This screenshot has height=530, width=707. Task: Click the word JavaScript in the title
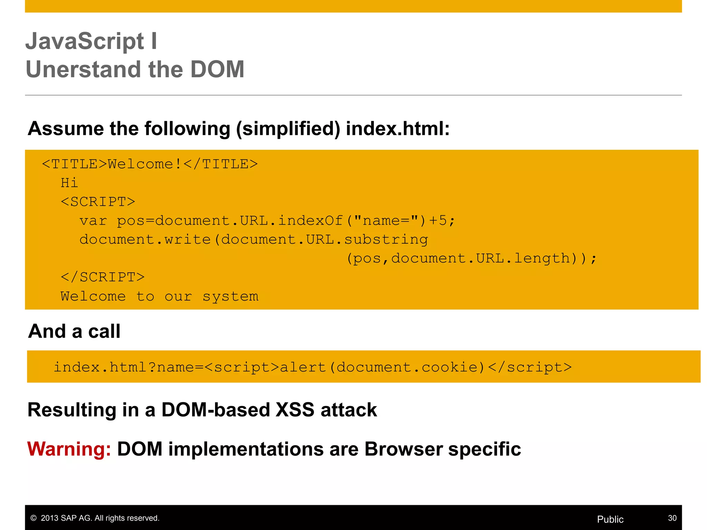pyautogui.click(x=85, y=41)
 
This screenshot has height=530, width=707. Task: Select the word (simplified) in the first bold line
pyautogui.click(x=288, y=129)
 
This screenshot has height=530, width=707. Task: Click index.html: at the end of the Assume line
pyautogui.click(x=398, y=129)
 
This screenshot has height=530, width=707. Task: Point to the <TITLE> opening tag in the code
pyautogui.click(x=75, y=164)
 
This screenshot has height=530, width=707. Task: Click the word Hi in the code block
pyautogui.click(x=69, y=183)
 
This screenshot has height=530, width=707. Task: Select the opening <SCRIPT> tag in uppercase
pyautogui.click(x=98, y=202)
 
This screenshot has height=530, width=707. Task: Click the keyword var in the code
pyautogui.click(x=93, y=221)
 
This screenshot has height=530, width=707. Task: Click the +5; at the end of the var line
pyautogui.click(x=442, y=220)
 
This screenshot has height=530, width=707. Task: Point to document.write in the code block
pyautogui.click(x=145, y=239)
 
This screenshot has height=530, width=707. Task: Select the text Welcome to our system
pyautogui.click(x=159, y=296)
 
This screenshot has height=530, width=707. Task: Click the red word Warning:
pyautogui.click(x=69, y=449)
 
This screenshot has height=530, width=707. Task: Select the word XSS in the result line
pyautogui.click(x=295, y=410)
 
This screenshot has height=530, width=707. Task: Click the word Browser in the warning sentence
pyautogui.click(x=403, y=449)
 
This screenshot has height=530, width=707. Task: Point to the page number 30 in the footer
pyautogui.click(x=672, y=518)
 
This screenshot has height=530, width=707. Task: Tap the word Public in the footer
pyautogui.click(x=610, y=519)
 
